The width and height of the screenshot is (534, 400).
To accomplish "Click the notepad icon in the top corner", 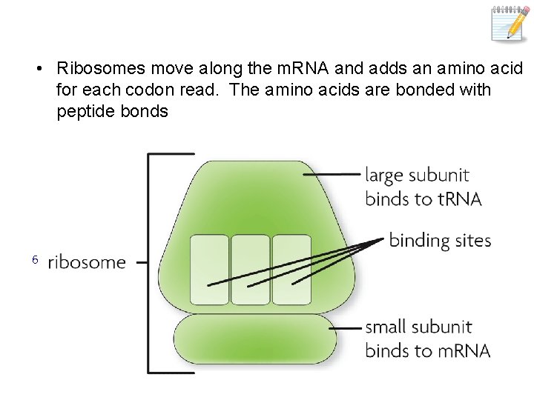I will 511,23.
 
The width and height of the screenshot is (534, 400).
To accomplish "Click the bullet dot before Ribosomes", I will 37,70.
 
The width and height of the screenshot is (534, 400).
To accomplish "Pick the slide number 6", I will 34,259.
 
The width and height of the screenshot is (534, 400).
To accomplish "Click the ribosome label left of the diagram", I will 87,262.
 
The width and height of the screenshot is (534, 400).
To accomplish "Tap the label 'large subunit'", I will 417,176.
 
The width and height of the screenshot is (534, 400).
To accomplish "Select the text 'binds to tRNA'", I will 423,198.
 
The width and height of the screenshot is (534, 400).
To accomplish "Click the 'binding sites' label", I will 440,240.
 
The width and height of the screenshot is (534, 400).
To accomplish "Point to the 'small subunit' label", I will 419,327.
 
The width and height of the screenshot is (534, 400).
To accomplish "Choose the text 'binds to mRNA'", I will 428,350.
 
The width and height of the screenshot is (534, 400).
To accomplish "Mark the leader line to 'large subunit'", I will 332,175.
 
